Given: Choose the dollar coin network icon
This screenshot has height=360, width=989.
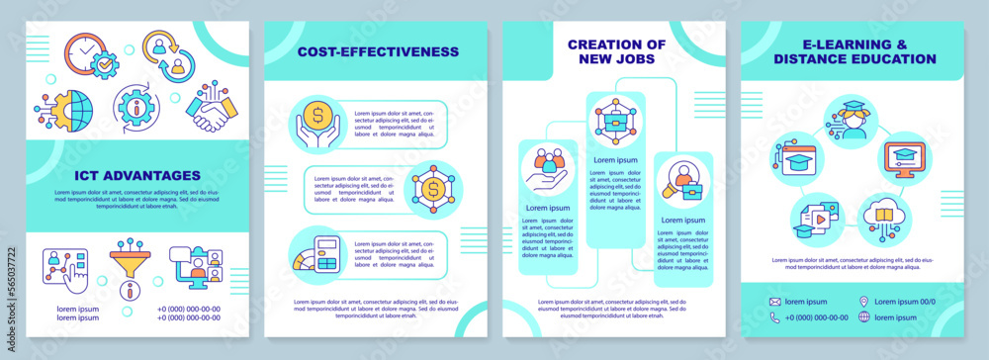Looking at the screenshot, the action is click(x=433, y=187).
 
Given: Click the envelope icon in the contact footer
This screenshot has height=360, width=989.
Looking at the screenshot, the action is click(x=777, y=300).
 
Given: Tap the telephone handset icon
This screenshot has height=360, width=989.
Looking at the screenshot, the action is click(x=777, y=317).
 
